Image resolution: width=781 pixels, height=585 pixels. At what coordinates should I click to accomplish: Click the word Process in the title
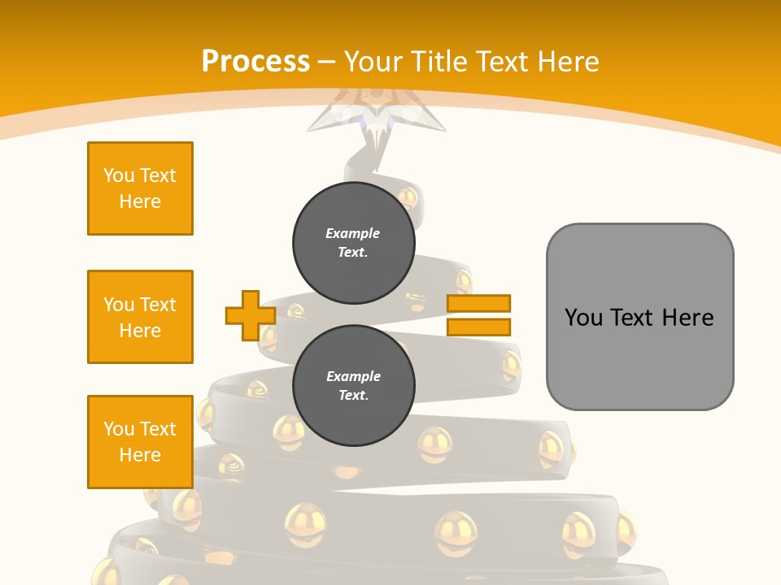point(255,62)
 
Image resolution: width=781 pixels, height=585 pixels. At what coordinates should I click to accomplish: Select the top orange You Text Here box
point(140,188)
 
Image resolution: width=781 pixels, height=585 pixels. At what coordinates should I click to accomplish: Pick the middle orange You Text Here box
point(140,317)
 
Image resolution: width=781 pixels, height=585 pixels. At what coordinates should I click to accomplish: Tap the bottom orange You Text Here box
point(140,442)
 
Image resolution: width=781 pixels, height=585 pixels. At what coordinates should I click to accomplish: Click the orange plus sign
point(250,315)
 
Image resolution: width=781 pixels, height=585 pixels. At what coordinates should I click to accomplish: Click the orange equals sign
point(478,315)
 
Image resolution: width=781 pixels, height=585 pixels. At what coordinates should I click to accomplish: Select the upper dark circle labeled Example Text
point(354,242)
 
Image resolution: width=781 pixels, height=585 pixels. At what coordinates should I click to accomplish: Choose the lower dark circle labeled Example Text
point(354,386)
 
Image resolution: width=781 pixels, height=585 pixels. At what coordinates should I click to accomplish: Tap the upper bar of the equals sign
point(478,304)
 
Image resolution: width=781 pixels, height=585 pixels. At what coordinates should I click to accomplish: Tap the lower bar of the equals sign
point(478,327)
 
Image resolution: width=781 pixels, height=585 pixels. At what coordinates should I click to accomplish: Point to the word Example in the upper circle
point(353,233)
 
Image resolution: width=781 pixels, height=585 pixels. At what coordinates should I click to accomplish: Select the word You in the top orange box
point(119,175)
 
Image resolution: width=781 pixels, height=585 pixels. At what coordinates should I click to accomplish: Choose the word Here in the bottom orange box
point(140,455)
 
